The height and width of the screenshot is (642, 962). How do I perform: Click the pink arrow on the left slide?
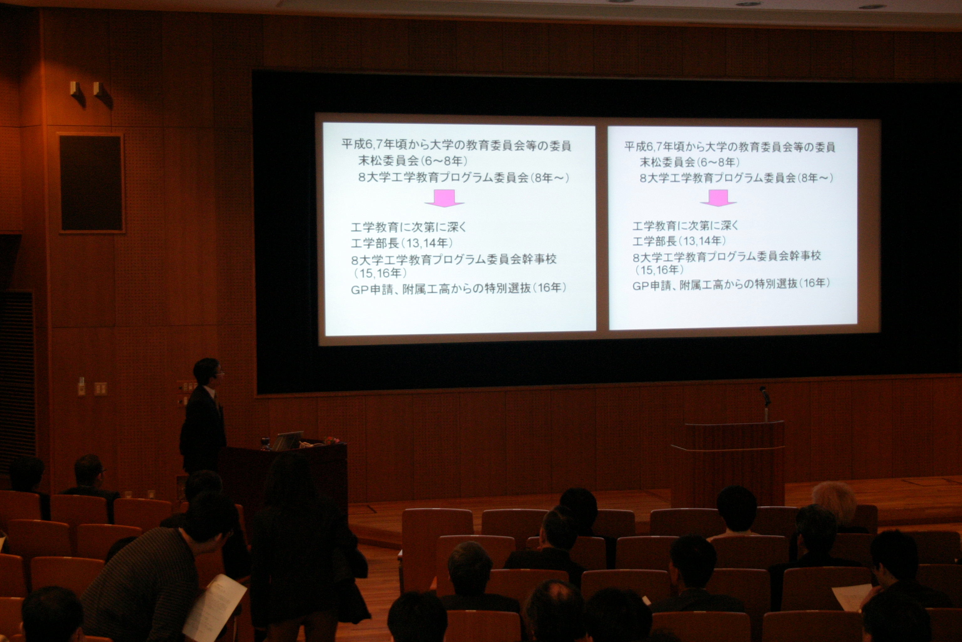(x=444, y=198)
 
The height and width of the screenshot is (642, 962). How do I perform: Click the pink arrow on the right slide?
(x=718, y=198)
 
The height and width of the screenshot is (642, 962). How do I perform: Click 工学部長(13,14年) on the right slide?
(x=679, y=241)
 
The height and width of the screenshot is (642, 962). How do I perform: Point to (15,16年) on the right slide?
(x=659, y=270)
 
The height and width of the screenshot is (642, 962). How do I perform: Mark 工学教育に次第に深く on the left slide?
(x=409, y=227)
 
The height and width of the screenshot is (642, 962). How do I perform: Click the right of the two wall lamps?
(x=103, y=95)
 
